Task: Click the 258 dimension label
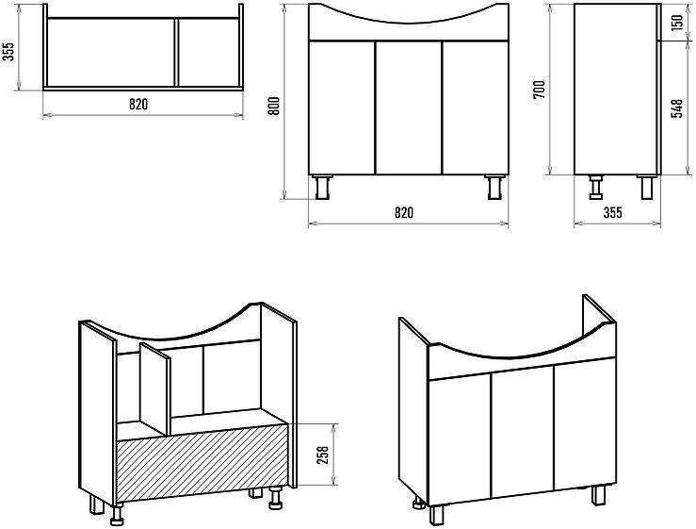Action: [323, 455]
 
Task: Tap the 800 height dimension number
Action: [274, 106]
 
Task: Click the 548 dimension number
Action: [677, 108]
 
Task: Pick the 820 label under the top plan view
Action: [138, 105]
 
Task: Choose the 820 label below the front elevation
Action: [404, 213]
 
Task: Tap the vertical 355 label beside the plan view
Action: [9, 52]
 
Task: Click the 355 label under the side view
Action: [612, 213]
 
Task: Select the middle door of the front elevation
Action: [409, 107]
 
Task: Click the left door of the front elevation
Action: [342, 107]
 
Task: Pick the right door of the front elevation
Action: [476, 107]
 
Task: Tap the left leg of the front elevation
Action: [322, 187]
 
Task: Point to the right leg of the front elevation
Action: [494, 187]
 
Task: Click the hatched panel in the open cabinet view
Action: [202, 463]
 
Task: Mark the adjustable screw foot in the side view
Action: [595, 187]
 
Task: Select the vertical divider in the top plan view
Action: [176, 53]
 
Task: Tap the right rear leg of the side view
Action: [646, 187]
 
